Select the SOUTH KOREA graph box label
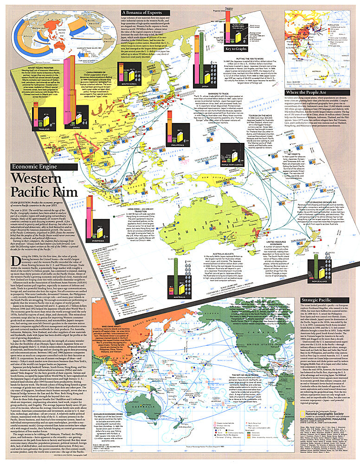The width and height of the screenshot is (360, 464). click(119, 84)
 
